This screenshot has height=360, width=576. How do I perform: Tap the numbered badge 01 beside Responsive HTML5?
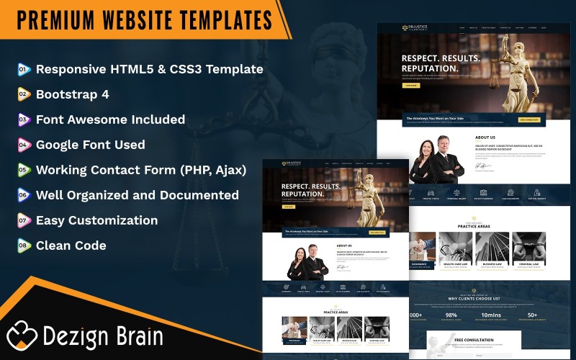(x=24, y=70)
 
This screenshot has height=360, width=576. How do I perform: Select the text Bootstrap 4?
(x=73, y=94)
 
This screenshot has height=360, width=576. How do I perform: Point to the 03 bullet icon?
(x=24, y=120)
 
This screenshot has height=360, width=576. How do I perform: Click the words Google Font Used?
(x=91, y=145)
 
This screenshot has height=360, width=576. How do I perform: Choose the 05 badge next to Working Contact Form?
(x=24, y=171)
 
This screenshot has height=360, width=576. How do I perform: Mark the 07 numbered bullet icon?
(x=24, y=220)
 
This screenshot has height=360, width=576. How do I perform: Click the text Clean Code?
(x=71, y=246)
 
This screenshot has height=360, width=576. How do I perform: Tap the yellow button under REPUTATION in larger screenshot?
(x=410, y=85)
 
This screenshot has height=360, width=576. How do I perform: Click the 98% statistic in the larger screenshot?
(x=451, y=315)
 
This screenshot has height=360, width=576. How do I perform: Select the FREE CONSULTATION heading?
(x=473, y=340)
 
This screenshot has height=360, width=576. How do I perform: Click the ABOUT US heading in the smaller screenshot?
(x=344, y=246)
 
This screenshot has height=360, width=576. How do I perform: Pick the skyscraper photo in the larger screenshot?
(x=492, y=248)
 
